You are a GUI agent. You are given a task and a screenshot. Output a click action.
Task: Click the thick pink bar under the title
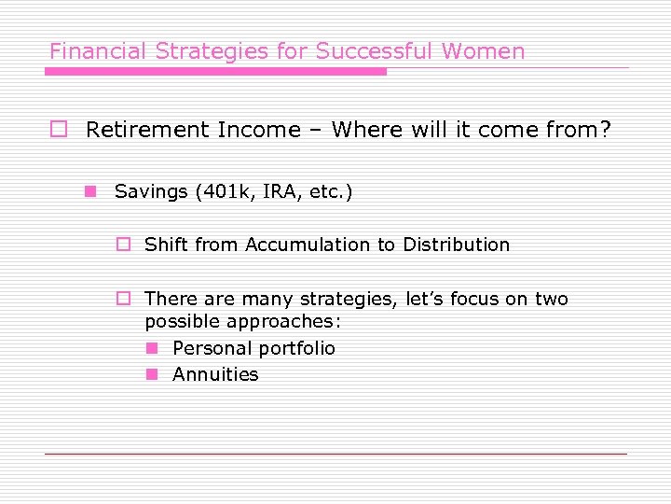216,71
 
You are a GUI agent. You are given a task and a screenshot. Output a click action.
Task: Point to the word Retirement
147,130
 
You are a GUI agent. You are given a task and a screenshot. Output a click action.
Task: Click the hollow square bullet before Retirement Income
58,130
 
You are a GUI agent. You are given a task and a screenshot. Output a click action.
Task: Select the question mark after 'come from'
605,130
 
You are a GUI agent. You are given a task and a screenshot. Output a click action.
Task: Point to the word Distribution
456,245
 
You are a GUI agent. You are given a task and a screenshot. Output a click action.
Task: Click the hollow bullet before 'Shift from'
121,245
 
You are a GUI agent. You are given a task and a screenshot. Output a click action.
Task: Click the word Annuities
215,374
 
